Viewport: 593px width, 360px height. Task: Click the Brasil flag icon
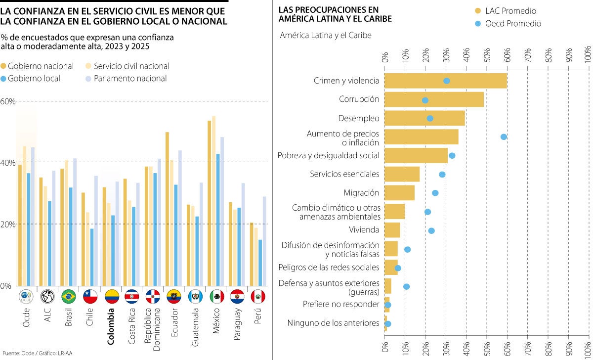pyautogui.click(x=68, y=296)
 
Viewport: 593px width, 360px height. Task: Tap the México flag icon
pyautogui.click(x=217, y=296)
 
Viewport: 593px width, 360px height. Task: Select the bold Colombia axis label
pyautogui.click(x=111, y=326)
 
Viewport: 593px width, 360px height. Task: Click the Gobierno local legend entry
pyautogui.click(x=34, y=79)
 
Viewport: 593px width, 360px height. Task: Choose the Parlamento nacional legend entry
pyautogui.click(x=129, y=79)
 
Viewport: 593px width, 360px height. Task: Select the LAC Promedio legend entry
pyautogui.click(x=510, y=11)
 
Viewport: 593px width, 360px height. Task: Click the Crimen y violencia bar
pyautogui.click(x=445, y=81)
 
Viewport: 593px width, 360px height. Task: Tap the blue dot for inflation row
pyautogui.click(x=504, y=137)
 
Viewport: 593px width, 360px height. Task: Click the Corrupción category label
pyautogui.click(x=359, y=99)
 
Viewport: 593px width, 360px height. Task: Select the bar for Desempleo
pyautogui.click(x=424, y=118)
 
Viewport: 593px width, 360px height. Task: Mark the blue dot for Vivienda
pyautogui.click(x=431, y=230)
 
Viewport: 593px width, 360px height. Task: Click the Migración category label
pyautogui.click(x=361, y=193)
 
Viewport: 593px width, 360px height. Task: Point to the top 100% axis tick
pyautogui.click(x=588, y=55)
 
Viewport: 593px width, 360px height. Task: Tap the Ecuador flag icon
pyautogui.click(x=174, y=296)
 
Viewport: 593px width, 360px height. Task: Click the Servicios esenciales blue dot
pyautogui.click(x=442, y=175)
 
